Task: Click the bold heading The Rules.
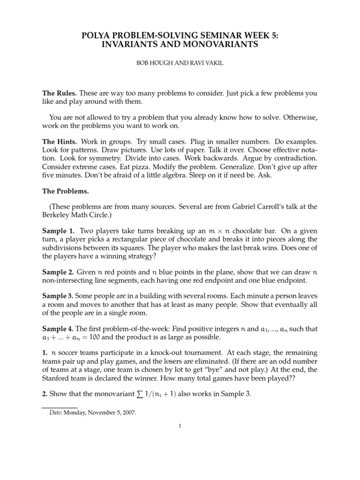coord(60,93)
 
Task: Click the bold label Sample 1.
coord(59,231)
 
